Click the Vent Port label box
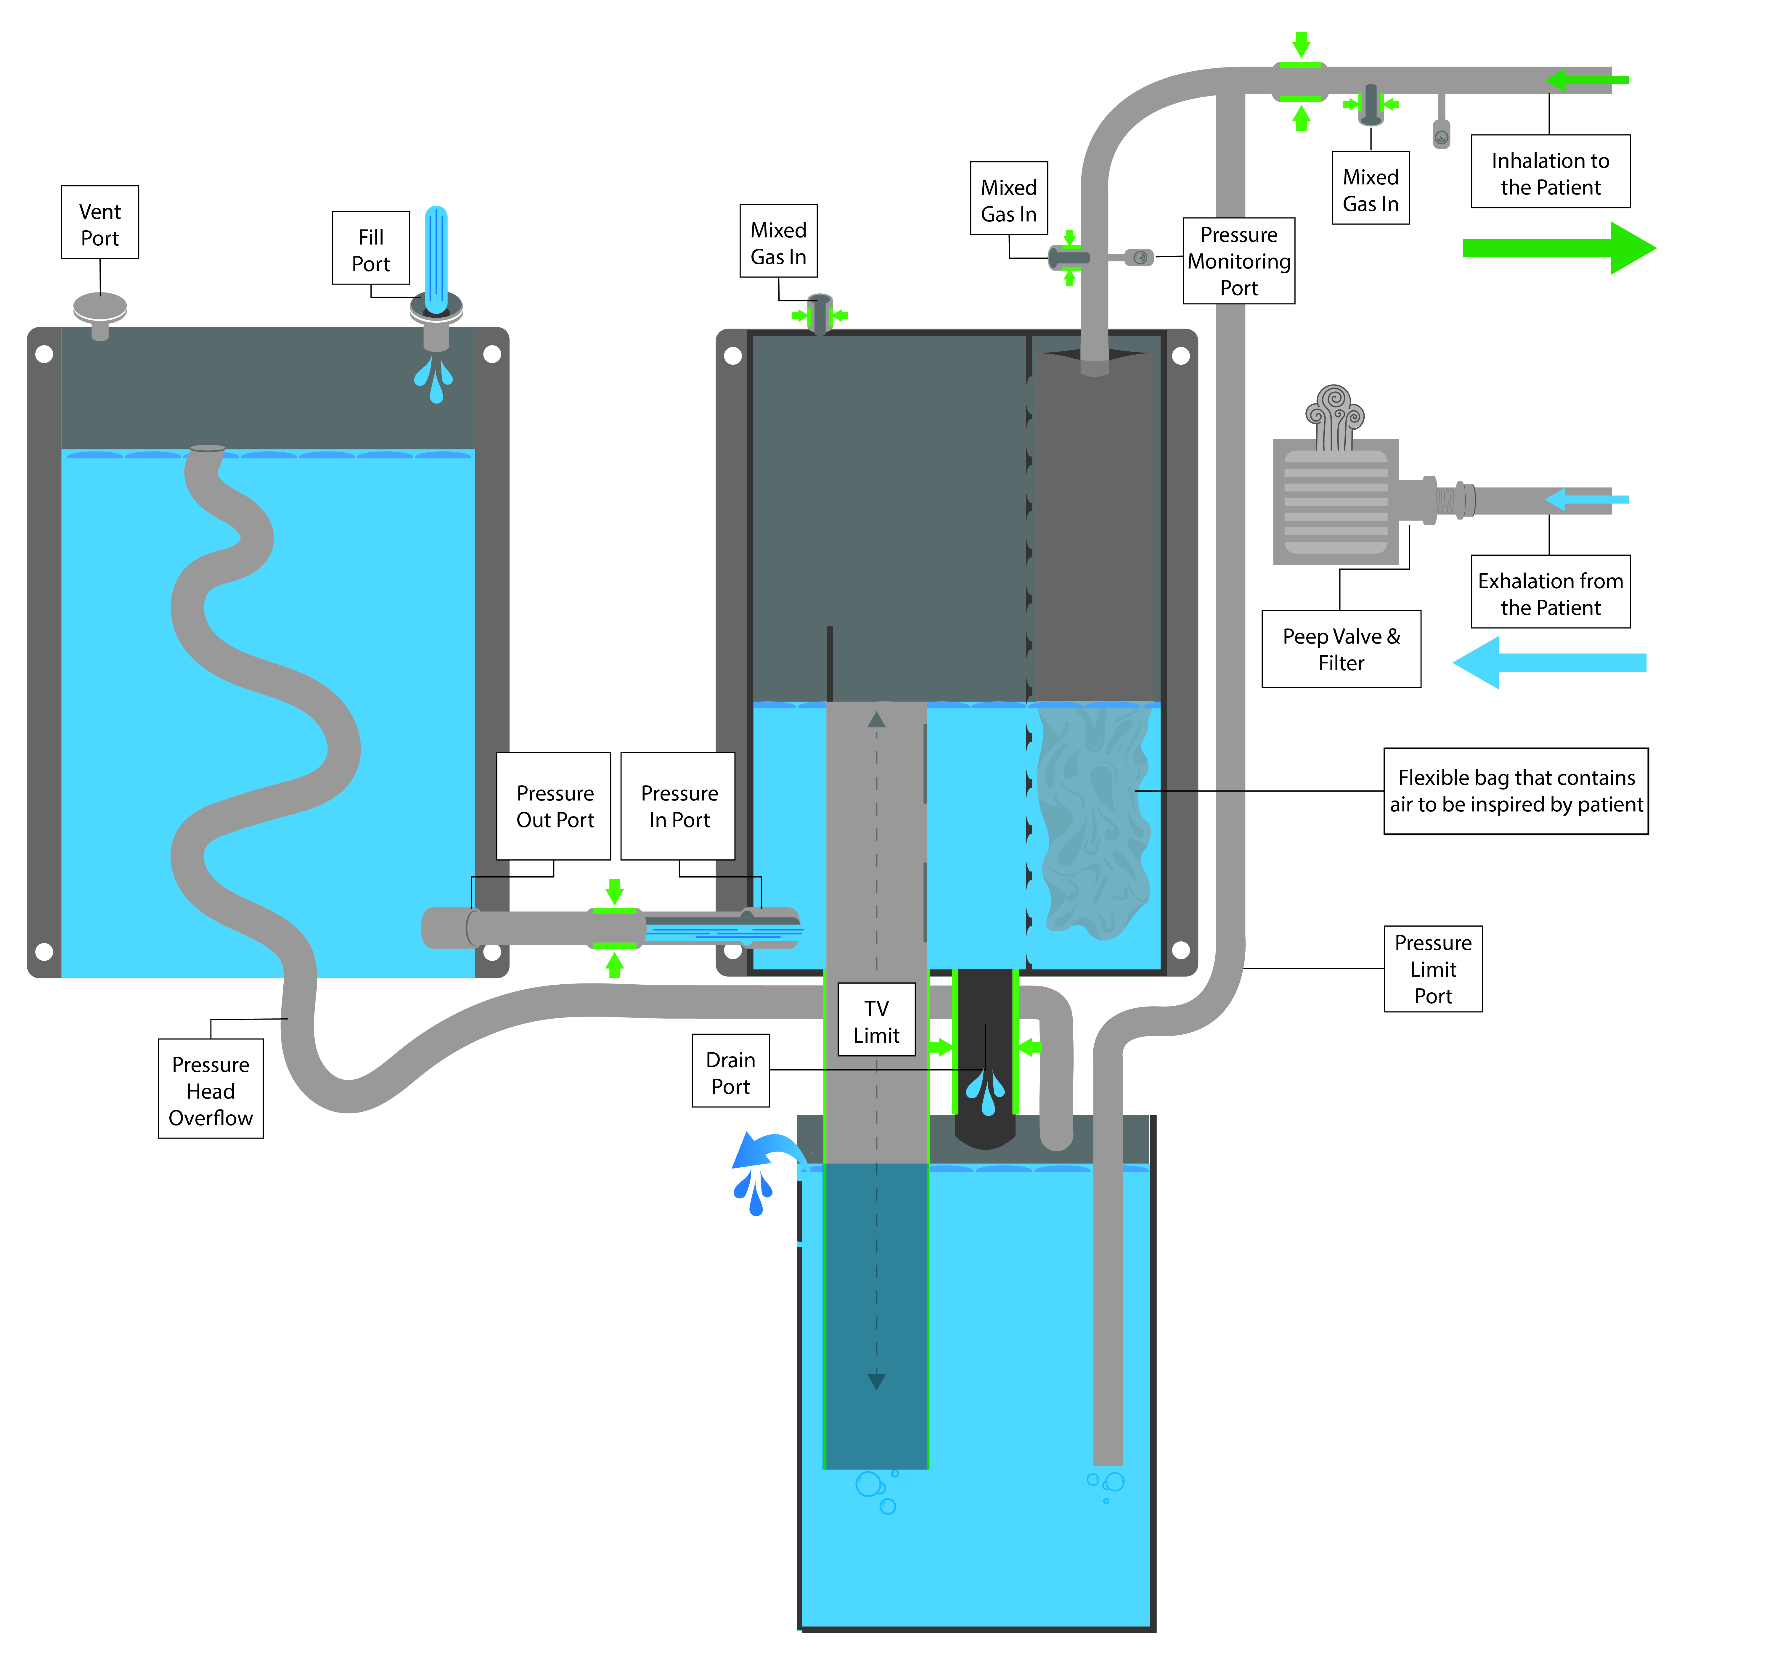[100, 223]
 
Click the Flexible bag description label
[1516, 792]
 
